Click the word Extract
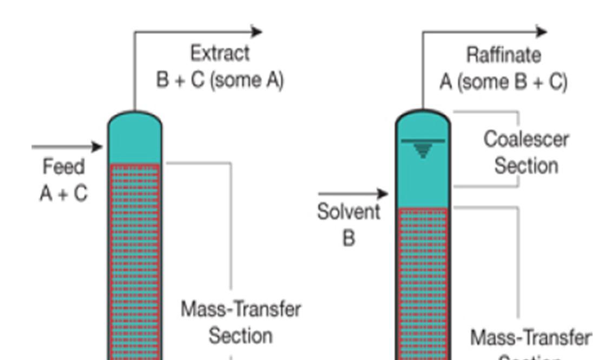220,54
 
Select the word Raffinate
503,55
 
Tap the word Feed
64,167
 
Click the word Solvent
348,212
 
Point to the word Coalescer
526,140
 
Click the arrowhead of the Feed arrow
97,146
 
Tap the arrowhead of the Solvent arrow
383,193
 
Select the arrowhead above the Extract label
257,31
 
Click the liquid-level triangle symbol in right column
423,150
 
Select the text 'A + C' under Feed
64,193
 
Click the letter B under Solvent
349,238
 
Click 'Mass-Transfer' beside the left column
241,310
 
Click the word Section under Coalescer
526,166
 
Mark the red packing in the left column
135,260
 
